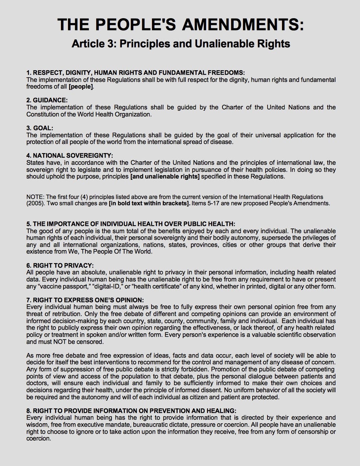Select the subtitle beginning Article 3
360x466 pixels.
[181, 44]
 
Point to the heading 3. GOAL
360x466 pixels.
[40, 128]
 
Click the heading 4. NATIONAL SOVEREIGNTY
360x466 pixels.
[69, 156]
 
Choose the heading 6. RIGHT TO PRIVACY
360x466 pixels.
[60, 265]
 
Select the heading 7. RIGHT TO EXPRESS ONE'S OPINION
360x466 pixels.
[85, 300]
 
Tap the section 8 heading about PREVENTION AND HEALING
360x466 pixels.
[131, 411]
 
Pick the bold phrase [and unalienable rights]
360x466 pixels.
[165, 177]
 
